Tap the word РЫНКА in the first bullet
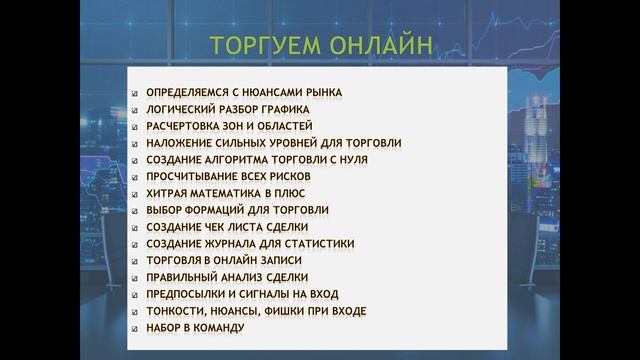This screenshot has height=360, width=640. pos(321,92)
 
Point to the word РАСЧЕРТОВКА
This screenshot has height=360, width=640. pos(186,126)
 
